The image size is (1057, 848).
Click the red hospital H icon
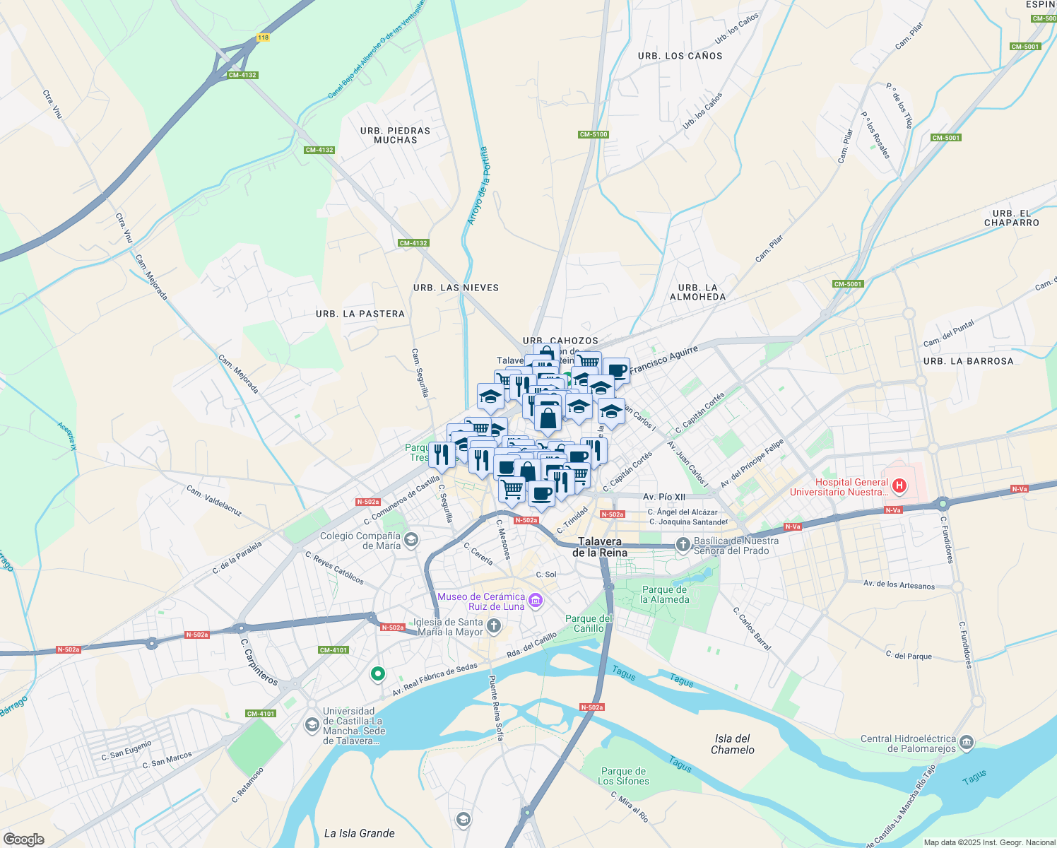(x=899, y=485)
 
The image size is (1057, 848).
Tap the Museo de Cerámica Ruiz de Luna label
(x=481, y=601)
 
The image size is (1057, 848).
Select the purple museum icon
(x=535, y=601)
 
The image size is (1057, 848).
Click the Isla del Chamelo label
(x=732, y=744)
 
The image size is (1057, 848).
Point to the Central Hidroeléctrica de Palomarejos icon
(x=967, y=743)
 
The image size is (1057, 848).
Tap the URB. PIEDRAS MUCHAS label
(x=395, y=135)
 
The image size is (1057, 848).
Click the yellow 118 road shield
(x=263, y=37)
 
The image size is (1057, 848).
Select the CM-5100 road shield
(x=593, y=134)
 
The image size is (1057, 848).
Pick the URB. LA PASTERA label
(x=360, y=314)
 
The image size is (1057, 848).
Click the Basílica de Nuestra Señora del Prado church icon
(x=683, y=544)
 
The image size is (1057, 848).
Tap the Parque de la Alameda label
(x=664, y=594)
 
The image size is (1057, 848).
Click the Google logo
(x=23, y=839)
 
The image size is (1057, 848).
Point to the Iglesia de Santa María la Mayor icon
(x=494, y=625)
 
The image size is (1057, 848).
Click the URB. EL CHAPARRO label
(x=1011, y=218)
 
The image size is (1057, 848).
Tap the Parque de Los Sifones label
(x=623, y=776)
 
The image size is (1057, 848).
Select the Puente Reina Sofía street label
(x=496, y=707)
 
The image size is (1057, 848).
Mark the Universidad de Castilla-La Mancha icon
(x=312, y=725)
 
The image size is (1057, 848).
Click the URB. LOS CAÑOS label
(x=680, y=56)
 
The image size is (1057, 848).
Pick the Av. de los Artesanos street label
(x=899, y=584)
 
